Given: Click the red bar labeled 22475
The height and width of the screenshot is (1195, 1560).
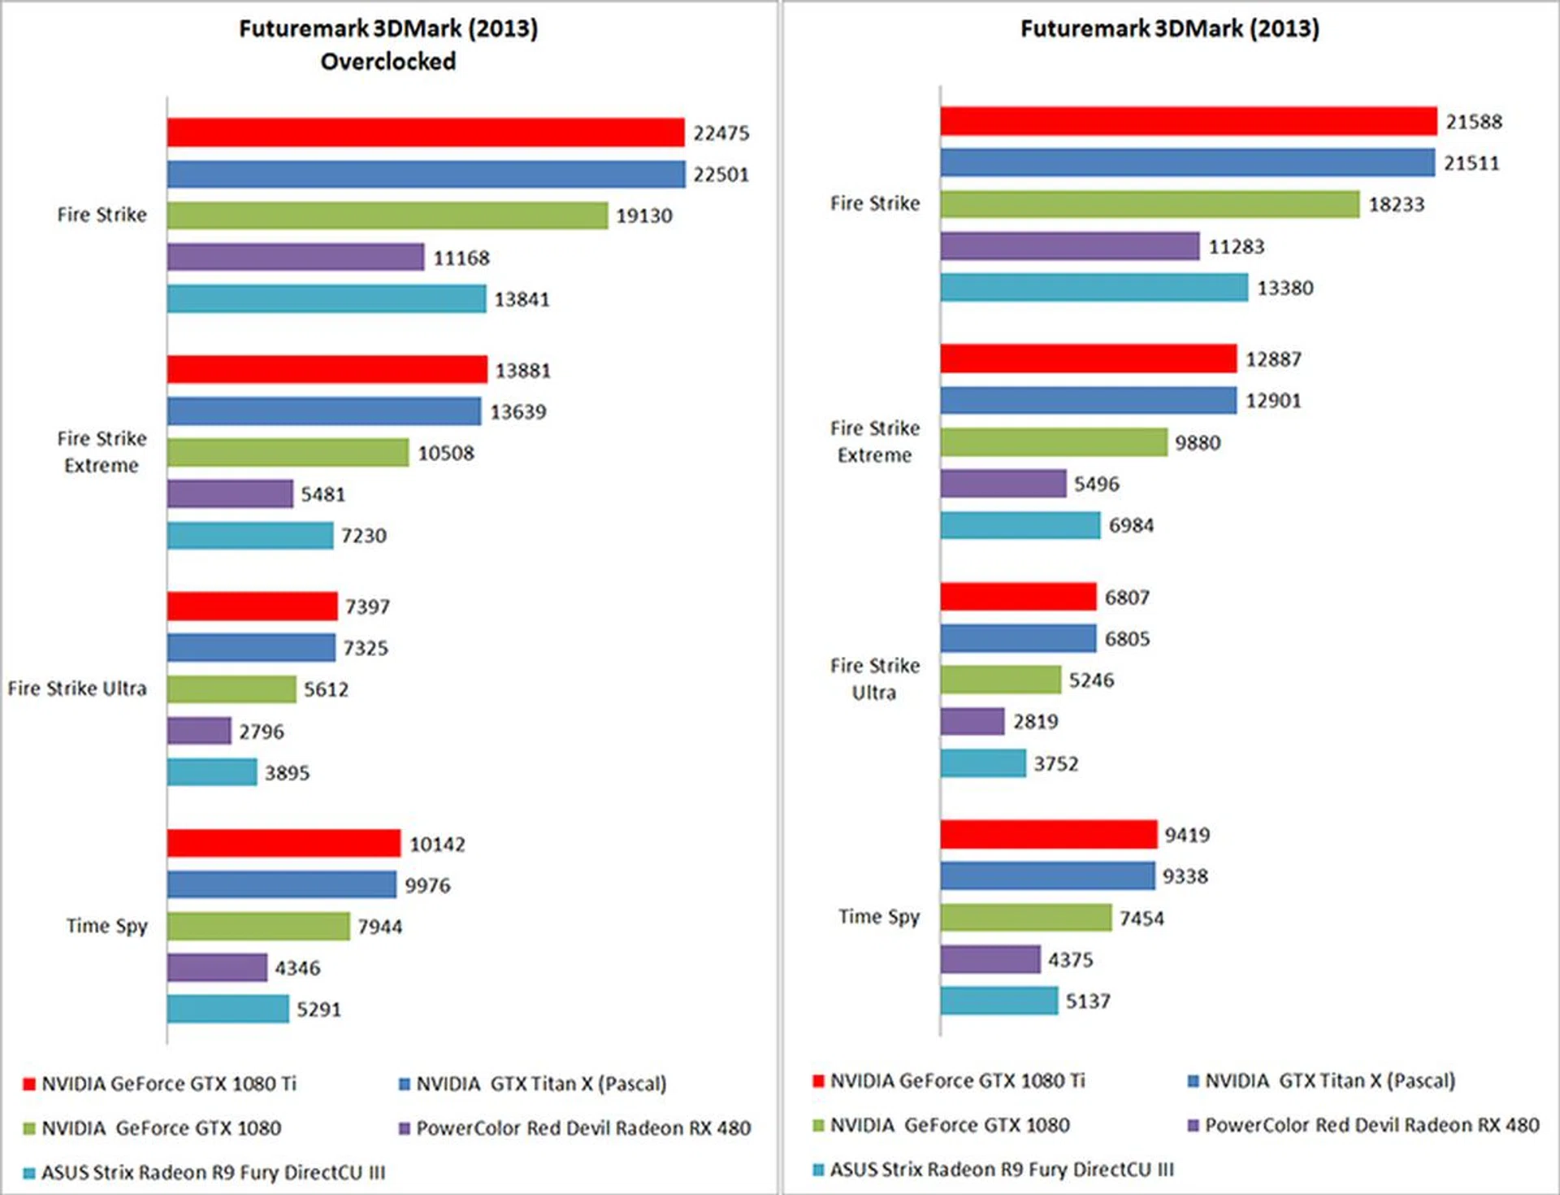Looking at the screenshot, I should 426,133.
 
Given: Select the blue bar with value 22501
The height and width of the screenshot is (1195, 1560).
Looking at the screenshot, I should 427,174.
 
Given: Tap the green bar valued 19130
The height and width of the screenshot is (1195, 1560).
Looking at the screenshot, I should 388,215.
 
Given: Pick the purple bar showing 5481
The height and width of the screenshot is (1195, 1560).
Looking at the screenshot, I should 230,493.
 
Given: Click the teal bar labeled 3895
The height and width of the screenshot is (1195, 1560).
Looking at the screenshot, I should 212,771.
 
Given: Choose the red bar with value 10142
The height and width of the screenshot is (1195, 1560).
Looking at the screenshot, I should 284,843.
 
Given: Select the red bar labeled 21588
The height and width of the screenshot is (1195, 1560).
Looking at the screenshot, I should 1189,121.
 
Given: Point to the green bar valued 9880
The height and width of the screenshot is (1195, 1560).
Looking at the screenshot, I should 1054,442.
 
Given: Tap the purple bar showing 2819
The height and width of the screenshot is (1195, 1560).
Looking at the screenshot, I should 973,721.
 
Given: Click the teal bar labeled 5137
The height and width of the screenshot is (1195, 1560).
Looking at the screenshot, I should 999,1001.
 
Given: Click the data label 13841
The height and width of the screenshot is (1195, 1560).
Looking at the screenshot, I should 522,299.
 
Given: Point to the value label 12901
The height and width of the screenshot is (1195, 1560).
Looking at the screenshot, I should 1273,401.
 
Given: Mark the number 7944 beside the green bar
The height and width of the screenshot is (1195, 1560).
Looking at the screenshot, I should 379,927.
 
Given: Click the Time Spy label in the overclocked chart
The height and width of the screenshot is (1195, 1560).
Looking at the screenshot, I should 107,926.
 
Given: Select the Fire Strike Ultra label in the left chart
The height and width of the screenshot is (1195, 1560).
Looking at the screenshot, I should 77,689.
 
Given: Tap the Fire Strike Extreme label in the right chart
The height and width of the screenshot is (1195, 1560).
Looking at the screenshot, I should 875,441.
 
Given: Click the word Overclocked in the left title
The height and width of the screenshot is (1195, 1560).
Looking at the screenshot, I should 388,61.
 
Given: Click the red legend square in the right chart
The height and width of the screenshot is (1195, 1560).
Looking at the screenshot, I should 818,1081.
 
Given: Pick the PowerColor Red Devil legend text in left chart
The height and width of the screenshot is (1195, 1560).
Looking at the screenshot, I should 583,1128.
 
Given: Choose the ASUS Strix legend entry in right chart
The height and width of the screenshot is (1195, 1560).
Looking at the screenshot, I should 1001,1170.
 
